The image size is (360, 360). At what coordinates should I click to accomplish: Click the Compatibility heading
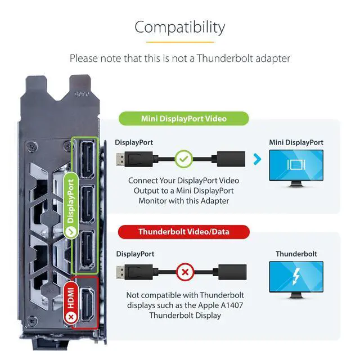pos(179,27)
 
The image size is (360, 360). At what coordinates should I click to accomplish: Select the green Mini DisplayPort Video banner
pos(183,119)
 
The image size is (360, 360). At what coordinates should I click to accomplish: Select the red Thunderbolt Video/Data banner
pos(183,231)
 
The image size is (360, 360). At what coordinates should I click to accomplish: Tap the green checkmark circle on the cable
pos(183,160)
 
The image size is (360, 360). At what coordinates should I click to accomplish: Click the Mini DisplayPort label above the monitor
pos(296,142)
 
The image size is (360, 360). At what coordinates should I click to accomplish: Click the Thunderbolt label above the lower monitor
pos(296,254)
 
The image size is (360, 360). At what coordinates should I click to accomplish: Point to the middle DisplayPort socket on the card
pos(87,202)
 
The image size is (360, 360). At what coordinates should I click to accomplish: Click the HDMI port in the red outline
pos(87,304)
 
